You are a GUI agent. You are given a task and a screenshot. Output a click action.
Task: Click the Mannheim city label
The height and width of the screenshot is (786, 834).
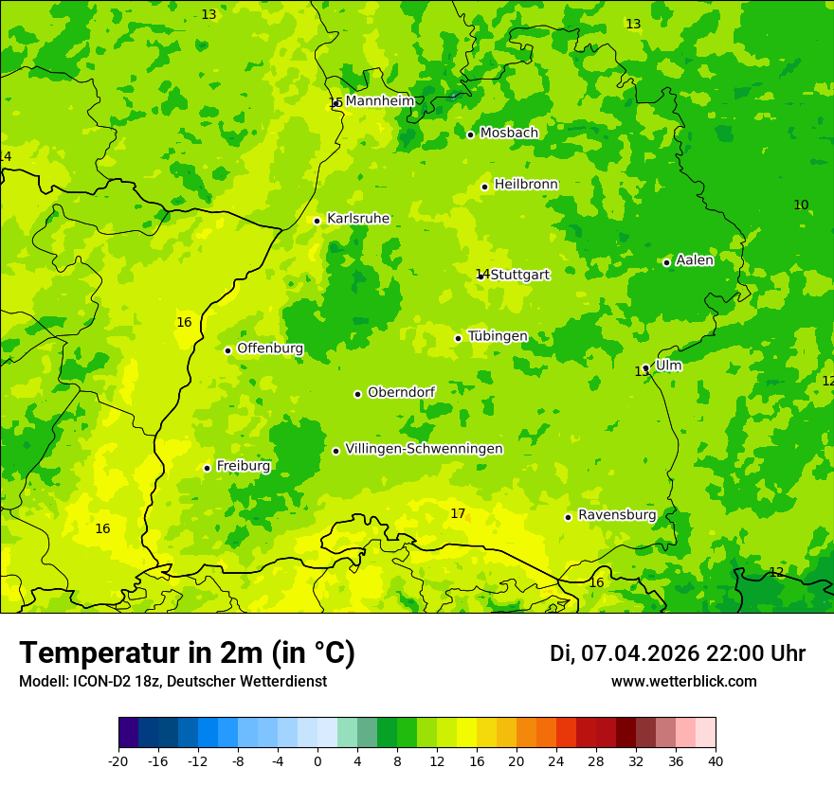(x=380, y=101)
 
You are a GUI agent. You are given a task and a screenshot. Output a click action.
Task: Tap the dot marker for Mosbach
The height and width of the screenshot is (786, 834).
(x=470, y=134)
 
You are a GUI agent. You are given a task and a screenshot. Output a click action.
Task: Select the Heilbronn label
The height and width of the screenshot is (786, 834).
(x=526, y=185)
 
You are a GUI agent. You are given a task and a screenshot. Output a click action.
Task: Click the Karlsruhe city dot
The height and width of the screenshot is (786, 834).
(x=317, y=221)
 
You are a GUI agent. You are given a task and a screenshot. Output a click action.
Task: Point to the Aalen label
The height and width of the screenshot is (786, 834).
(x=695, y=260)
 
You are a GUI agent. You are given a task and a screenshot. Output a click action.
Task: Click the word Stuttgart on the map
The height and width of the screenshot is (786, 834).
(x=519, y=275)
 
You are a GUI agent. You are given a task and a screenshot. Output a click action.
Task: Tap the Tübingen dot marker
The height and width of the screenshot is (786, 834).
(x=459, y=338)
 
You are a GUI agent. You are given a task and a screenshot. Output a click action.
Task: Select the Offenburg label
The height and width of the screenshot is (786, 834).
(x=270, y=348)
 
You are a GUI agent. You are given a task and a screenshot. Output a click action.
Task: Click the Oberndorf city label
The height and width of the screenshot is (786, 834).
(x=402, y=392)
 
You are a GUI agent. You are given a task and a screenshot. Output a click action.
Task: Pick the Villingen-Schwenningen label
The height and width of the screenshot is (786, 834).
(x=424, y=449)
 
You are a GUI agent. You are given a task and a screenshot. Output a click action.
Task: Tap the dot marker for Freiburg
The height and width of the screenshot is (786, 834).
(x=207, y=468)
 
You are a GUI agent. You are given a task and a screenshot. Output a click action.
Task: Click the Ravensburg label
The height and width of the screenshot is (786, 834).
(x=617, y=515)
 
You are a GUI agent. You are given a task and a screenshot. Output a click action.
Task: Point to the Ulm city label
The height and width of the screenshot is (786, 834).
(x=668, y=366)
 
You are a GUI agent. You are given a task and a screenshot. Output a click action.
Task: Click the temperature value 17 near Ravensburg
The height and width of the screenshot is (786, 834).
(x=458, y=514)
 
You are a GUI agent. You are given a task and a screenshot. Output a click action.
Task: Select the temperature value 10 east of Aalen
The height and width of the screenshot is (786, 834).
(x=801, y=205)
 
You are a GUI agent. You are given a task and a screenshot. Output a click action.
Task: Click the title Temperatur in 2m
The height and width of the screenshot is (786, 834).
(x=187, y=653)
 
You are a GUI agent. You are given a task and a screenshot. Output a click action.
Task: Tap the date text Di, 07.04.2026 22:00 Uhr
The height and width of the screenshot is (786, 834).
(x=678, y=653)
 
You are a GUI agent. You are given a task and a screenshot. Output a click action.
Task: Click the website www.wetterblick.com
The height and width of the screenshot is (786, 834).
(x=683, y=682)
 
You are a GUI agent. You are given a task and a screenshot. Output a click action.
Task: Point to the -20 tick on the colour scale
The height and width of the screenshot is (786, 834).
(x=118, y=760)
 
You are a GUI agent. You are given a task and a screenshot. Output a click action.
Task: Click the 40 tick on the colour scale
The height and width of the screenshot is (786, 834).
(x=716, y=760)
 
